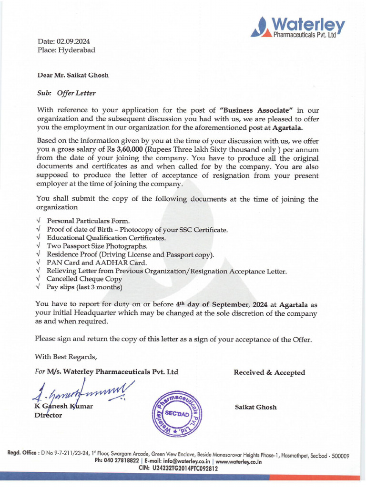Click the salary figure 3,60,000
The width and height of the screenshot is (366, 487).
coord(132,150)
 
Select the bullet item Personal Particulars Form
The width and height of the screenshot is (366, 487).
coord(88,221)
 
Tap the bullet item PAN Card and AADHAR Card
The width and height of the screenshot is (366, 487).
coord(97,263)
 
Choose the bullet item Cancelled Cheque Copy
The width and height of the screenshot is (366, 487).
coord(84,279)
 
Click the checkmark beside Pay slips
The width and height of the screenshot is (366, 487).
coord(38,287)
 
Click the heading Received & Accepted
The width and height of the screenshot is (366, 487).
coord(269,372)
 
